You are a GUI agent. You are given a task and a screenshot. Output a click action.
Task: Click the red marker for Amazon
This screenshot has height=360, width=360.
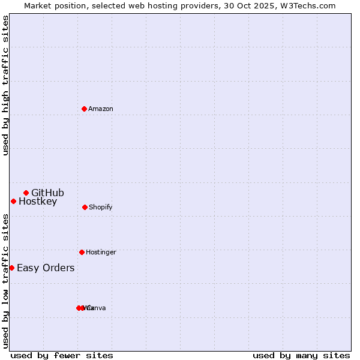(84, 109)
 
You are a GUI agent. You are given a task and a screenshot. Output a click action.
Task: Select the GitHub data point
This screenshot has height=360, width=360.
(26, 193)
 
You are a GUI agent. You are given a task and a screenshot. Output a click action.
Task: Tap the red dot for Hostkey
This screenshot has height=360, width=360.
(13, 201)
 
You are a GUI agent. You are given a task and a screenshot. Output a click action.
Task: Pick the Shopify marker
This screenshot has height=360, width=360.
(85, 207)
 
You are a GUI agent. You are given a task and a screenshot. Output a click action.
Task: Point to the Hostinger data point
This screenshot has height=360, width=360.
(82, 252)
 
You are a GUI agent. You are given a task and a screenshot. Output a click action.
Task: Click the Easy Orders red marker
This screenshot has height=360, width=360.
(11, 268)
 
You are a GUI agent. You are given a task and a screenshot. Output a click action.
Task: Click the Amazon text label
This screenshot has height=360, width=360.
(101, 109)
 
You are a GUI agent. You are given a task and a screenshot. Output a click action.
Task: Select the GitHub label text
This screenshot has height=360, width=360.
(47, 193)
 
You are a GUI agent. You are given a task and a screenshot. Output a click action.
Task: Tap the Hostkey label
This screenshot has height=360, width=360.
(38, 201)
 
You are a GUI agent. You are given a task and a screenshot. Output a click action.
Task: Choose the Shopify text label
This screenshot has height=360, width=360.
(101, 207)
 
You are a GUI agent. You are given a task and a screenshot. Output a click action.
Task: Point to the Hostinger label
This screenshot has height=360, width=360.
(101, 252)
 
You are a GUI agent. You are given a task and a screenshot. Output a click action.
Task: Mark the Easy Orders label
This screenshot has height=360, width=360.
(46, 268)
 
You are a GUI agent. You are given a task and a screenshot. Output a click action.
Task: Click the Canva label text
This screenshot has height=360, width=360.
(97, 308)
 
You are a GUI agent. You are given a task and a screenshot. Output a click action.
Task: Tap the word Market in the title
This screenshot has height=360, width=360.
(38, 5)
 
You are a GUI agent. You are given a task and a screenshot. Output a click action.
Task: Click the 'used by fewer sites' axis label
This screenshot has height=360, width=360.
(62, 355)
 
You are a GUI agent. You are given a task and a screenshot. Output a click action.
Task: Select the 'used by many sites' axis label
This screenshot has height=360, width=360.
(301, 355)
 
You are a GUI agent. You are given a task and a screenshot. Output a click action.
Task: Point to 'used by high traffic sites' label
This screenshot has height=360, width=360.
(5, 85)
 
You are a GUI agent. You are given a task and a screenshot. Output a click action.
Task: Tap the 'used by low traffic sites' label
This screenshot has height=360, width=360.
(5, 280)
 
